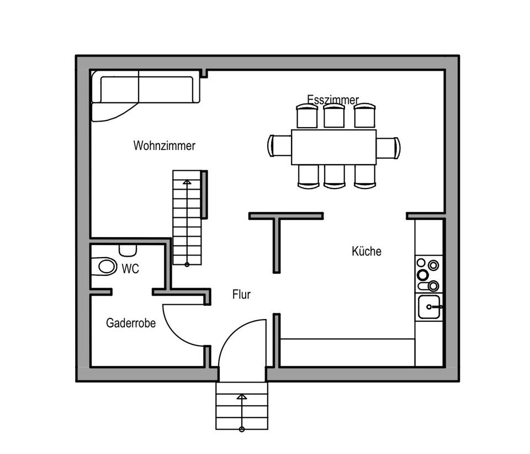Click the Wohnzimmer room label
(164, 146)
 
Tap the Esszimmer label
(333, 100)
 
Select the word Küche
(367, 251)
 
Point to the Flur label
(241, 295)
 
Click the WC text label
(130, 269)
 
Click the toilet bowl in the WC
(105, 267)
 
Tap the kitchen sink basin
(428, 306)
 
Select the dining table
(333, 147)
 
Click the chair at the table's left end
(279, 146)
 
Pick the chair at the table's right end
(389, 148)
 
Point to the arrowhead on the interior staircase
(187, 181)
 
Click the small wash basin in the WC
(128, 249)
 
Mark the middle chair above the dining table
(334, 116)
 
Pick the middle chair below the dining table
(334, 176)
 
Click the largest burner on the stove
(423, 275)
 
